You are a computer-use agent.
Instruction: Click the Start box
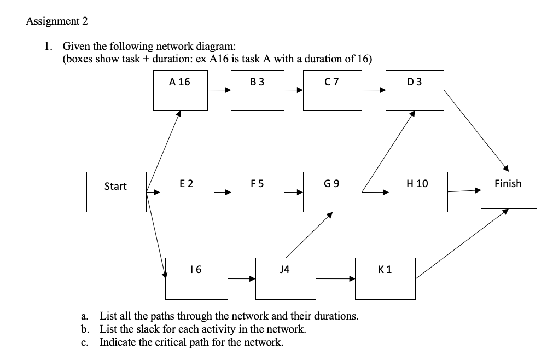(115, 191)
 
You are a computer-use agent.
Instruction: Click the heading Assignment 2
(56, 21)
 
